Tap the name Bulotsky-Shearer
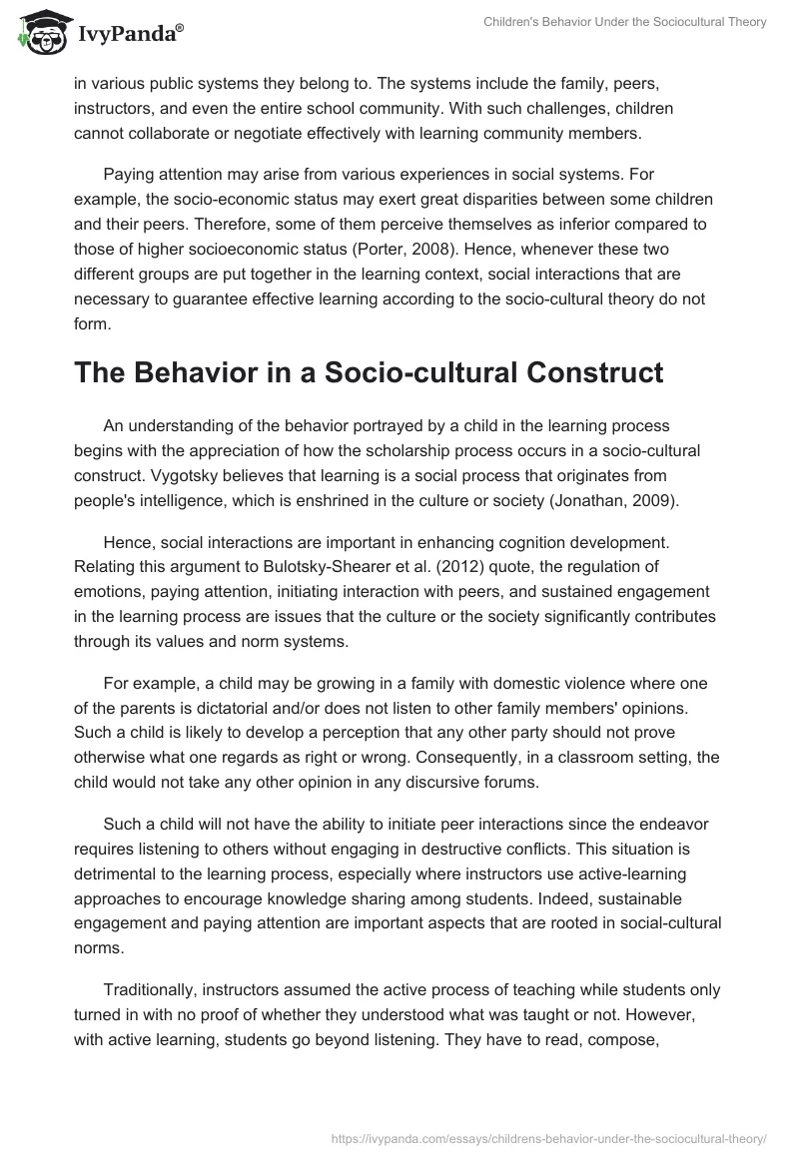(365, 568)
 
